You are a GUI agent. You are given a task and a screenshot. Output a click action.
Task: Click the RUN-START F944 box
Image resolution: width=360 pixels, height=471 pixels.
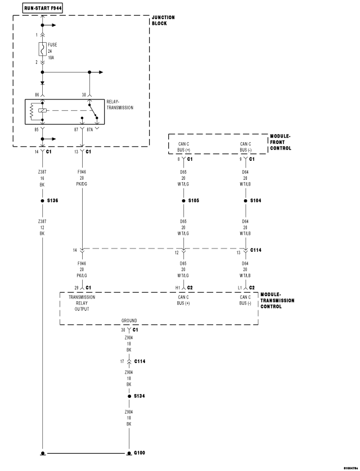click(x=43, y=8)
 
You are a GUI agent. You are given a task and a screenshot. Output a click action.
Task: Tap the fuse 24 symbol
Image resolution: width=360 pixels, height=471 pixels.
click(x=42, y=49)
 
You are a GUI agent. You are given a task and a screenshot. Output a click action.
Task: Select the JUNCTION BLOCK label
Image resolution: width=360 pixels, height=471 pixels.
click(x=163, y=20)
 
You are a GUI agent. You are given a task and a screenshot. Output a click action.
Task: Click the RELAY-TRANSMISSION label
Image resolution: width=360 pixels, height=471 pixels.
click(x=120, y=105)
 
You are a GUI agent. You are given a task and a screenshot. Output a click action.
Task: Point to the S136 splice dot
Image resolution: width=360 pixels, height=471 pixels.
click(x=42, y=201)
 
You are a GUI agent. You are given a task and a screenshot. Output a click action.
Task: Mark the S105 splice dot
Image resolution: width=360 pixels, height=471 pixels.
click(x=183, y=201)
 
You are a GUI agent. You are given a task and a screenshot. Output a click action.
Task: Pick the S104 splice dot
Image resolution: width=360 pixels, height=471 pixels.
click(x=245, y=201)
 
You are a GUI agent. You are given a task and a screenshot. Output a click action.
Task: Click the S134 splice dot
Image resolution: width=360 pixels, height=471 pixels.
click(x=129, y=396)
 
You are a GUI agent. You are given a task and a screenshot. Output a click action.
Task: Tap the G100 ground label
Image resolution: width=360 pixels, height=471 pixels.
click(x=139, y=452)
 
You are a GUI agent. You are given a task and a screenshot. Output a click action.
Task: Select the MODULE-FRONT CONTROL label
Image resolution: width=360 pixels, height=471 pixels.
click(x=280, y=142)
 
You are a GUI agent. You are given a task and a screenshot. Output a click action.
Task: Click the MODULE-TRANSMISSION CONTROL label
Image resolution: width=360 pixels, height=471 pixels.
click(x=277, y=300)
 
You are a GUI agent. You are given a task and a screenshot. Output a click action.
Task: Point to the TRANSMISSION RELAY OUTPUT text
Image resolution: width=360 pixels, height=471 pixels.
click(x=82, y=303)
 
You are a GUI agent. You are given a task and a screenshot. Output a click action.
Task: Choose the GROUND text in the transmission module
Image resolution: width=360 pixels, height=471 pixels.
click(x=129, y=320)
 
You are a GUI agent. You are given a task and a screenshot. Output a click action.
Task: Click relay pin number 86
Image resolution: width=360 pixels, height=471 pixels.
click(x=37, y=95)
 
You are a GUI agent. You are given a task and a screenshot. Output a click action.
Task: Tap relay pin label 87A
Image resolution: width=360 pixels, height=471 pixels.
click(x=90, y=129)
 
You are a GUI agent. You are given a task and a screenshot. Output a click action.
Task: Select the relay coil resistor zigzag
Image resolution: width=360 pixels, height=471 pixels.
click(x=31, y=111)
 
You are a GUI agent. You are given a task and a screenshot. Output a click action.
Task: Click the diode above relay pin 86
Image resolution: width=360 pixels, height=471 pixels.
click(x=42, y=83)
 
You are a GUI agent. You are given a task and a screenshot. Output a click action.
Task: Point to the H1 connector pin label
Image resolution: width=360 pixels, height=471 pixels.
click(x=178, y=288)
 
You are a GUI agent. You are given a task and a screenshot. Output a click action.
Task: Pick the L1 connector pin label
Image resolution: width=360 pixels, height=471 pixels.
click(x=240, y=288)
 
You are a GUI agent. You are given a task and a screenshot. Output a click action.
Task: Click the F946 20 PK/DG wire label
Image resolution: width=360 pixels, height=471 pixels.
click(x=82, y=178)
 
